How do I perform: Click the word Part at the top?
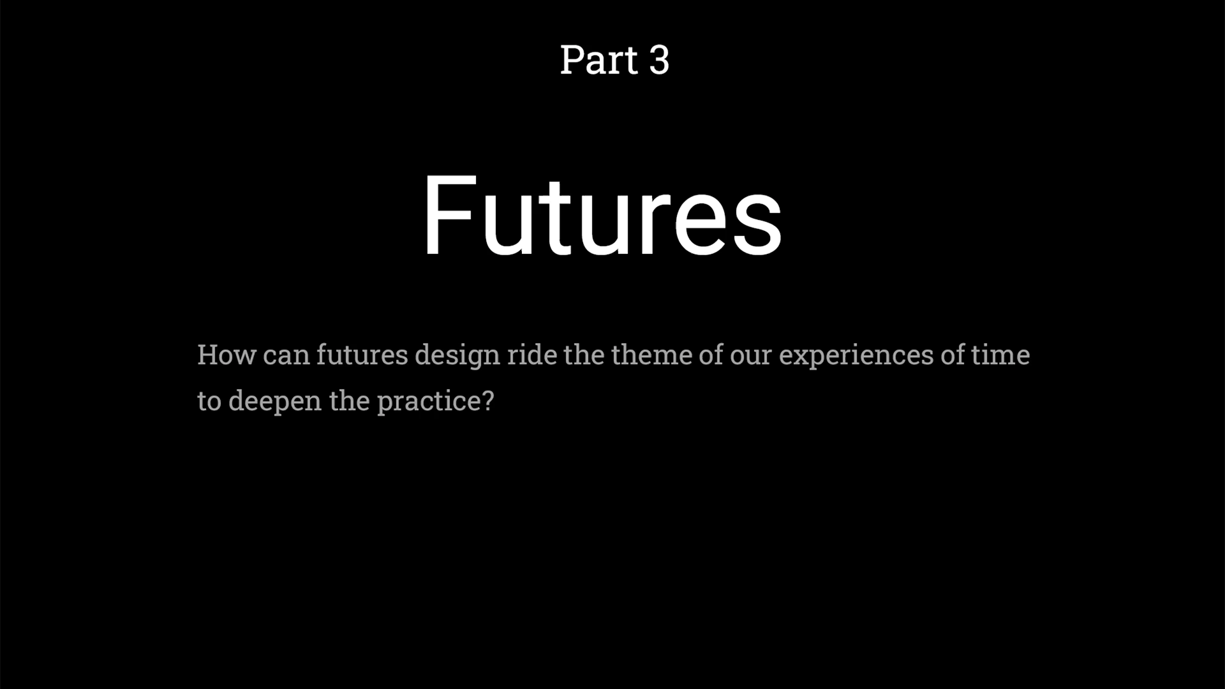pos(598,60)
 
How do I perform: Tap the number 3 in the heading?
pos(659,60)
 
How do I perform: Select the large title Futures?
pos(602,215)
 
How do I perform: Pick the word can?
pos(286,356)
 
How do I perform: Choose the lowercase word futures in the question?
pos(362,355)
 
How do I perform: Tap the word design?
pos(457,356)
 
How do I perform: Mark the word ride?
pos(532,355)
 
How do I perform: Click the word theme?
pos(651,355)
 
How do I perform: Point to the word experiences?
pos(856,357)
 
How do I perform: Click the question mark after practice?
pos(487,401)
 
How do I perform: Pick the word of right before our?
pos(711,355)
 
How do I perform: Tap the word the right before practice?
pos(350,401)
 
